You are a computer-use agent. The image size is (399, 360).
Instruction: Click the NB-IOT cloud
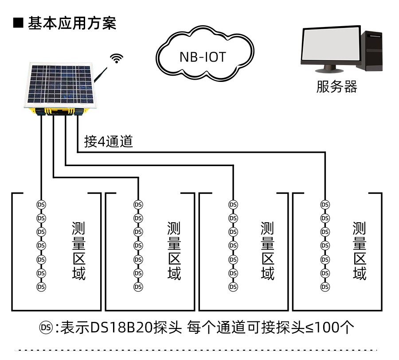coord(203,56)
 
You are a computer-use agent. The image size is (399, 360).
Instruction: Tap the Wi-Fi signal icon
coord(117,58)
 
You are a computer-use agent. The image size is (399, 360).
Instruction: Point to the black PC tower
coord(372,50)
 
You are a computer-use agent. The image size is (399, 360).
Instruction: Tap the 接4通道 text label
coord(109,142)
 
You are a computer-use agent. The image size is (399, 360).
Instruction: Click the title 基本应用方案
coord(72,23)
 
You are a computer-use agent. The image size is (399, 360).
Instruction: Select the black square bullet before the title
coord(18,23)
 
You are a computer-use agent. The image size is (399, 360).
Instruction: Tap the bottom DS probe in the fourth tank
coord(325,286)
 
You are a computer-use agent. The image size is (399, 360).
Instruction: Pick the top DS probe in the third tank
coord(233,205)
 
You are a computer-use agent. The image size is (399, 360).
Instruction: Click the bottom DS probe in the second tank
coord(138,286)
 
